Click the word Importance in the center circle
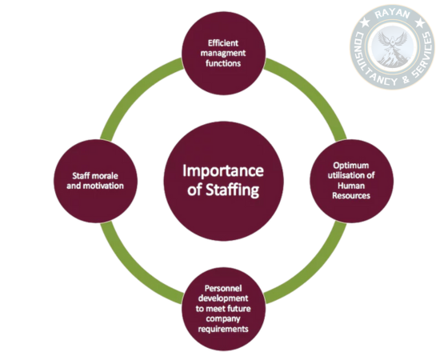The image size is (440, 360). click(223, 170)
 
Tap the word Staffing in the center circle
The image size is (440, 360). click(232, 190)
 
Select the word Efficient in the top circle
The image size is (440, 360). click(223, 43)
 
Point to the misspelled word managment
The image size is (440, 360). click(223, 54)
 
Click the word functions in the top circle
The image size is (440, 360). click(223, 63)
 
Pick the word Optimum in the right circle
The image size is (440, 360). click(351, 166)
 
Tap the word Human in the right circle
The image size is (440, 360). click(351, 186)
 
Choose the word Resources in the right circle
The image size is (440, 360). click(351, 195)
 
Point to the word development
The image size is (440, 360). click(223, 298)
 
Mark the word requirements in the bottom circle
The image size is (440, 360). click(223, 329)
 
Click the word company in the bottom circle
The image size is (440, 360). click(223, 319)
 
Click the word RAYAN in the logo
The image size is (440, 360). click(393, 14)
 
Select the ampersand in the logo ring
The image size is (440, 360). click(406, 79)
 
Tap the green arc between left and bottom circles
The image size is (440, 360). click(130, 274)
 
